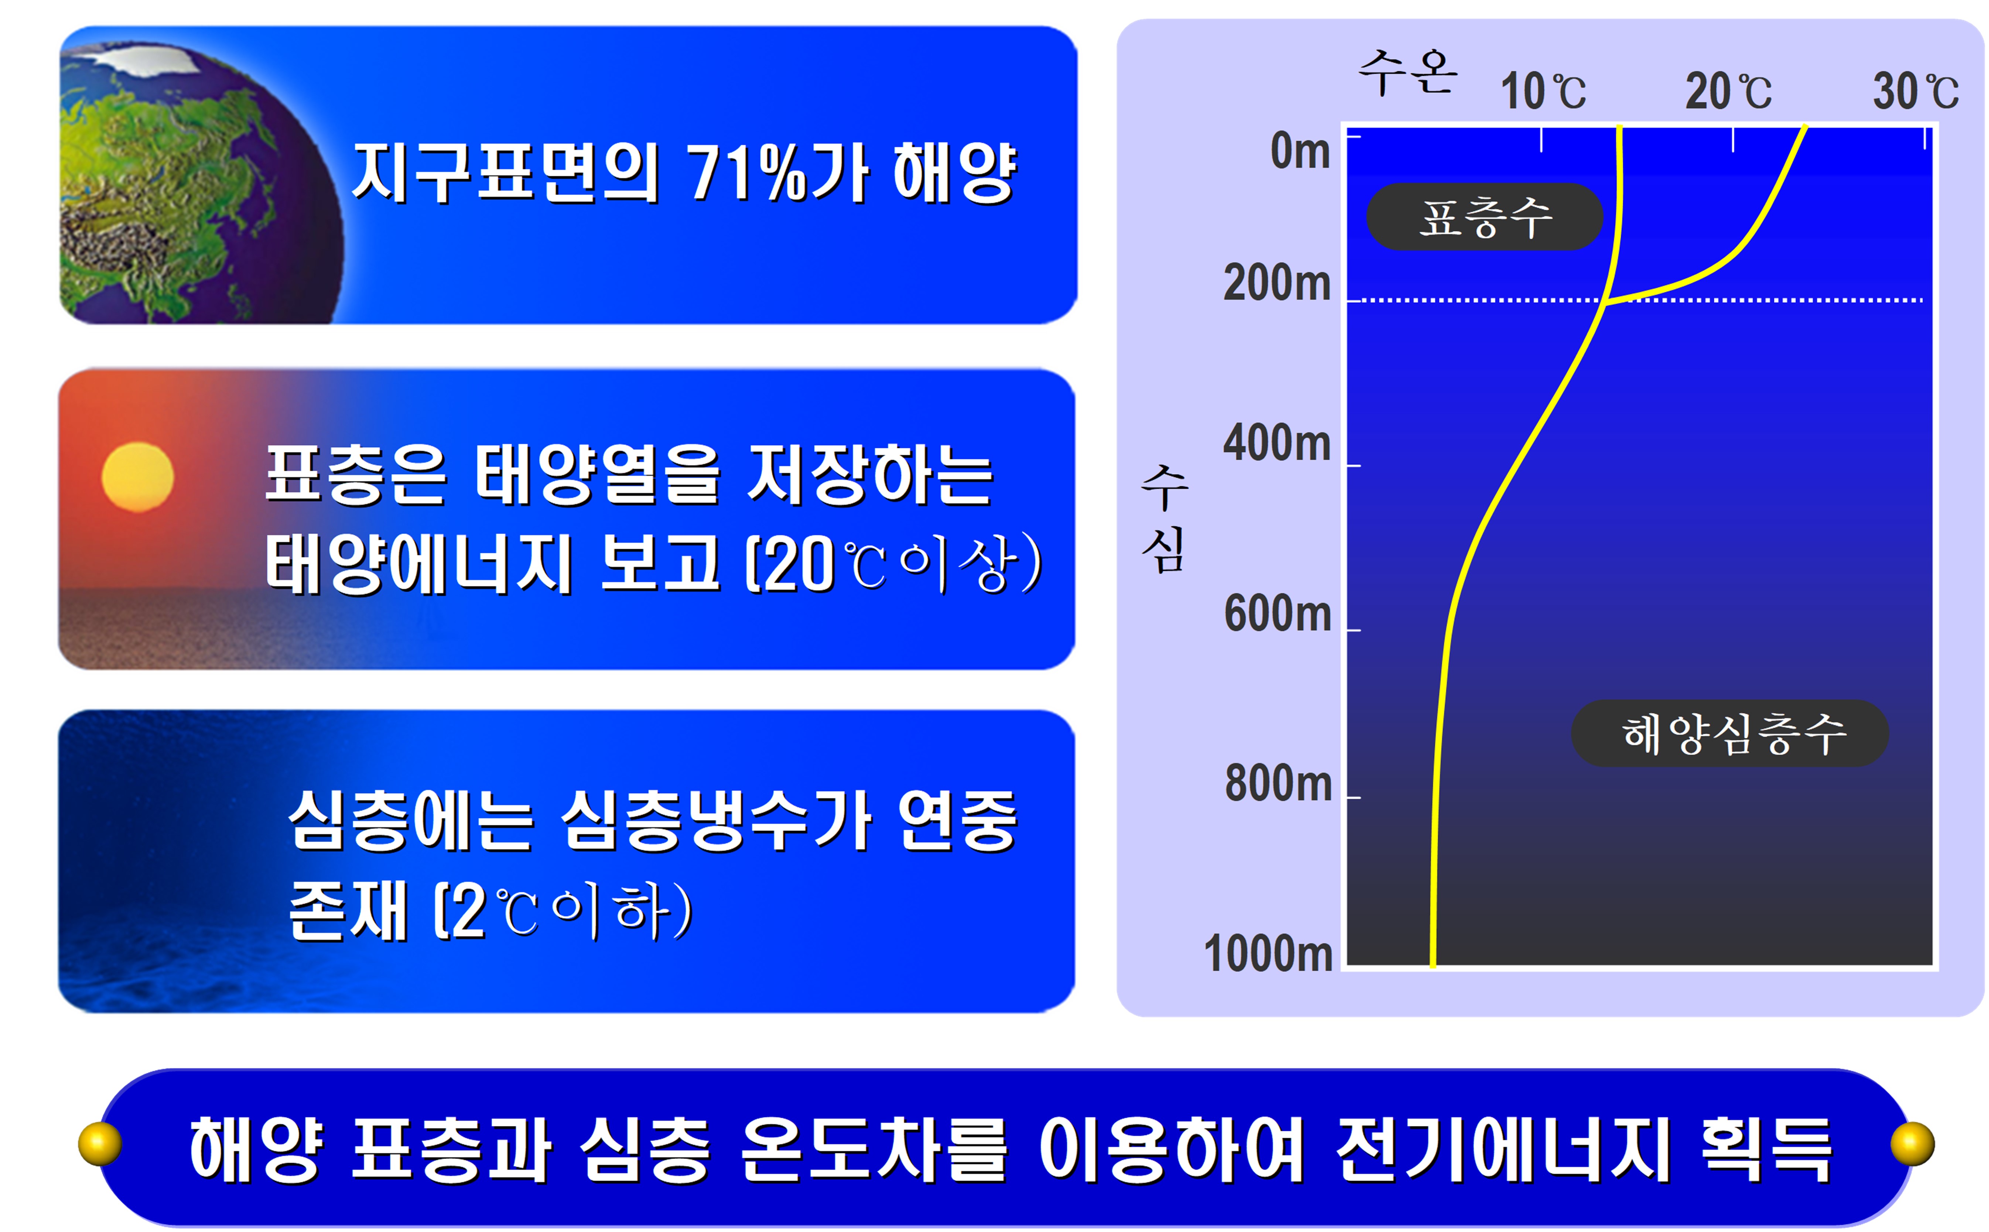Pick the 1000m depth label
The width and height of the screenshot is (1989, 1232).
tap(1268, 953)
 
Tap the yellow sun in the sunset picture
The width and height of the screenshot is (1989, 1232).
tap(138, 477)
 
